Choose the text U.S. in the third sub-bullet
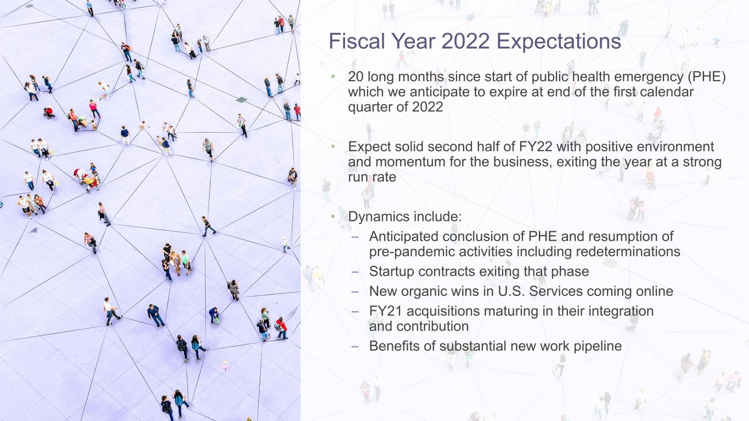click(512, 291)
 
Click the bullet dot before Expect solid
click(332, 147)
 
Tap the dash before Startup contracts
click(355, 271)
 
